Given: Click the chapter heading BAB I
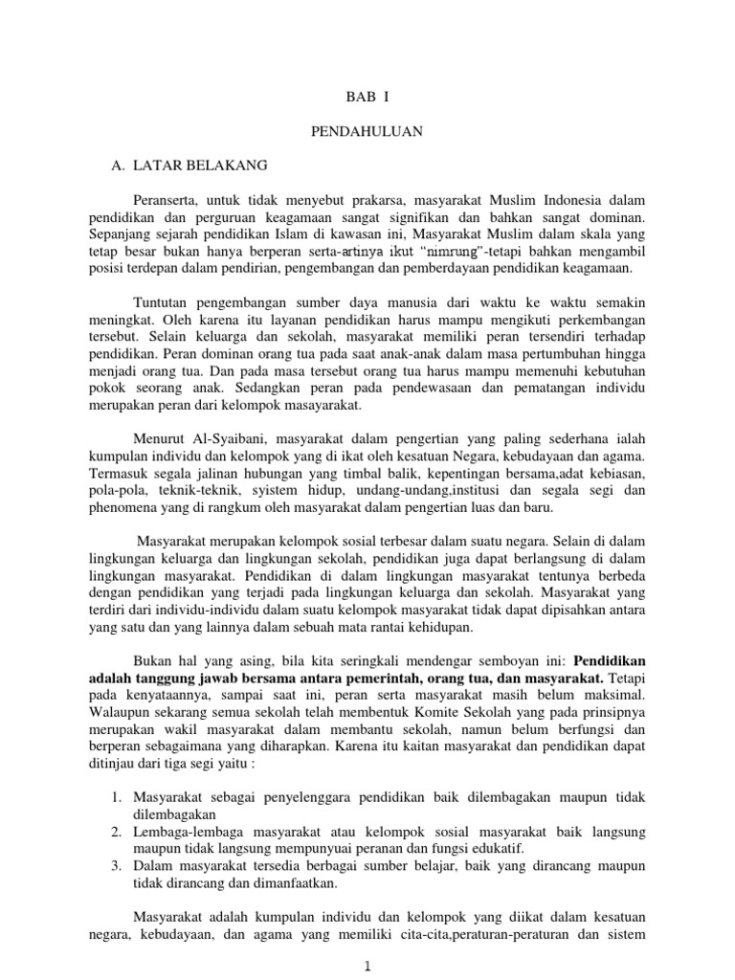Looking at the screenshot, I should click(367, 98).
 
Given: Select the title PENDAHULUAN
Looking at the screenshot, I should click(367, 130).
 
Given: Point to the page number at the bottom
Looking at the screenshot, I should click(367, 968).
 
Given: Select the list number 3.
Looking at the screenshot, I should click(116, 864).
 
